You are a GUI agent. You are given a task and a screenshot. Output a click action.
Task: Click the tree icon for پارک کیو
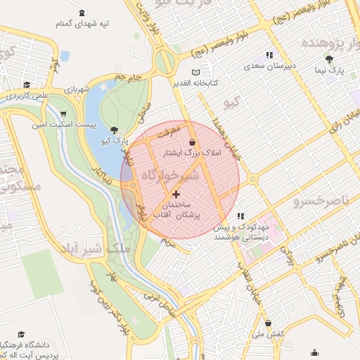coord(115,130)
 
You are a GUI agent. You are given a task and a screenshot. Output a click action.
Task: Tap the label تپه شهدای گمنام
coord(83,24)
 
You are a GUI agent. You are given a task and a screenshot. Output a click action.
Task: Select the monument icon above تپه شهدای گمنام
coord(83,13)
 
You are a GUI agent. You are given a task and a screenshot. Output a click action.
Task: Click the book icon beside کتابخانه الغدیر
coord(195,72)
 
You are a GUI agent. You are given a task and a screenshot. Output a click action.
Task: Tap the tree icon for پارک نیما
coord(329,60)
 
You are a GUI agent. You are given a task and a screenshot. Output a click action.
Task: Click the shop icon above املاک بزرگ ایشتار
coord(192,142)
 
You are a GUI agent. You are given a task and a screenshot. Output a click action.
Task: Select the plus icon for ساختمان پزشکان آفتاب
coord(175,193)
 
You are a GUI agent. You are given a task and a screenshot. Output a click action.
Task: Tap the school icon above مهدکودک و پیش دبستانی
coord(240,217)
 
